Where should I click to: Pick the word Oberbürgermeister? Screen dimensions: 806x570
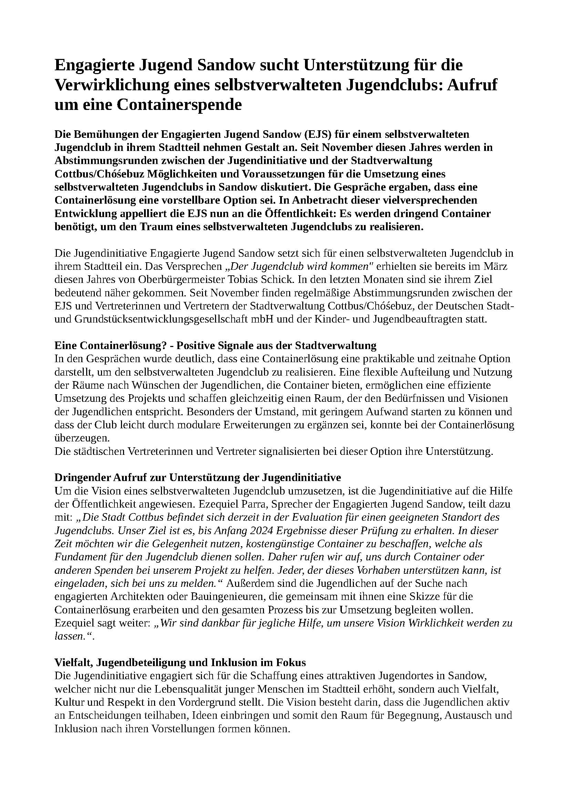(182, 279)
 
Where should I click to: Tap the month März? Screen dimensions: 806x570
(496, 266)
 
